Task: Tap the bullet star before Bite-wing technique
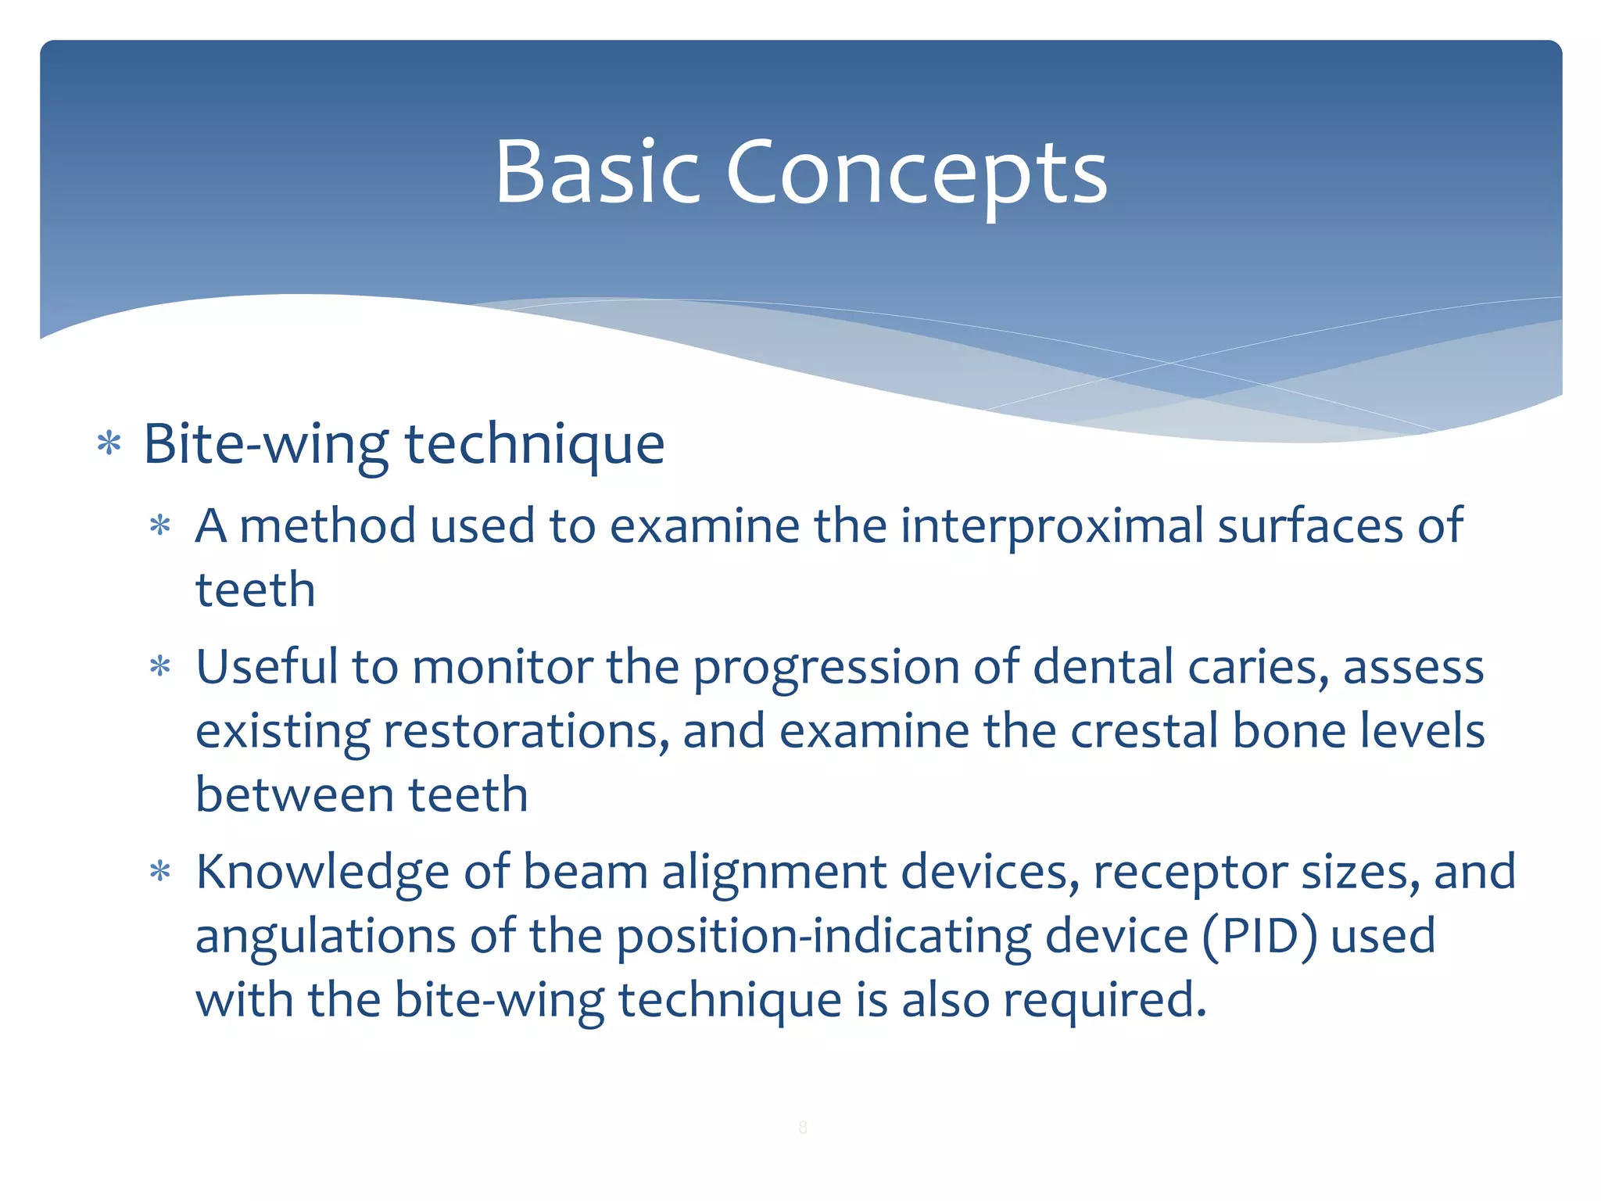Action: (x=109, y=443)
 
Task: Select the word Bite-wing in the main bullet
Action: (x=266, y=444)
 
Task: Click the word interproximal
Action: (x=1051, y=525)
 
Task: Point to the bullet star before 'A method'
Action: (x=160, y=525)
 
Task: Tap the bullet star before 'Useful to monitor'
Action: (x=160, y=667)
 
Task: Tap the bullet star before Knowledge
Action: (x=160, y=872)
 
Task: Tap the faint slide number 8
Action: (x=802, y=1127)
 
